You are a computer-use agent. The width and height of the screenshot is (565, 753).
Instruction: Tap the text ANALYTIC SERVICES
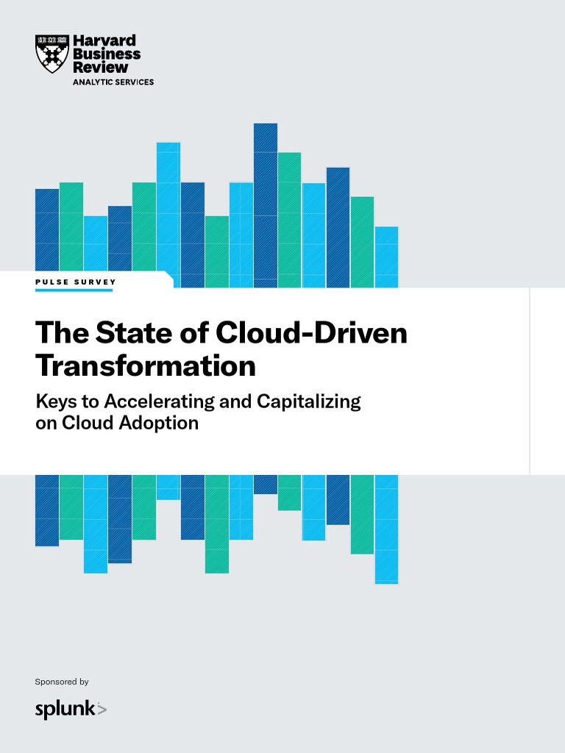113,82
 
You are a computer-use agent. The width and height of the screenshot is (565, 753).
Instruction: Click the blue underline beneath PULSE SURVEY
74,290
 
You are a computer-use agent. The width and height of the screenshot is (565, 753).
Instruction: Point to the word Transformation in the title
145,365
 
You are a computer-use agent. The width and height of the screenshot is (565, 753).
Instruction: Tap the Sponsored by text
62,682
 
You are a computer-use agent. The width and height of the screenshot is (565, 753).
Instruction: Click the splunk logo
71,709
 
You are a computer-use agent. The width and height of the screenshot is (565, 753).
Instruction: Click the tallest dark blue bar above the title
266,205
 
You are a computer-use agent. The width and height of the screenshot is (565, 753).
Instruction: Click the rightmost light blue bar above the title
386,257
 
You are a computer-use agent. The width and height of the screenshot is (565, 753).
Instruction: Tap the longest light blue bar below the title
386,529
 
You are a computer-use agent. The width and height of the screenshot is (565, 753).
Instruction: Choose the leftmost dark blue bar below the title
47,510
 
